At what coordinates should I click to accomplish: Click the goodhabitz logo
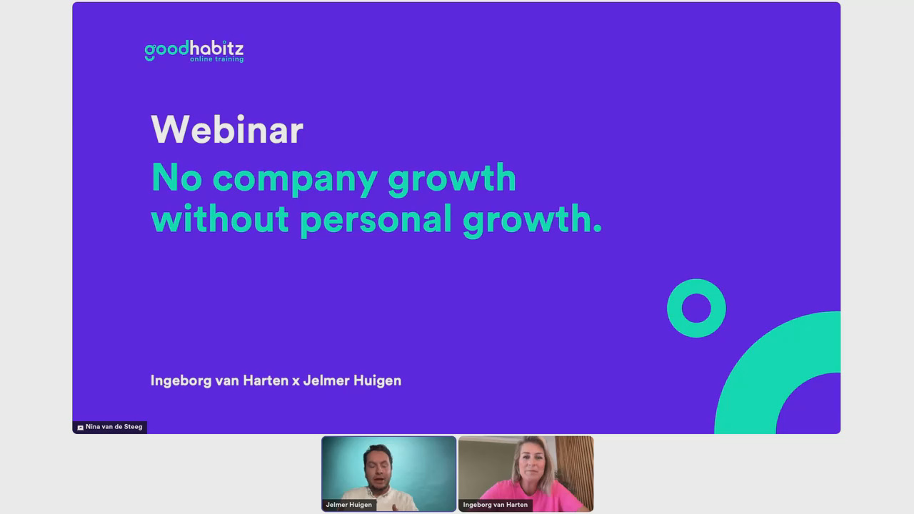(x=194, y=51)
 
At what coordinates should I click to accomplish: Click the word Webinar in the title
(x=227, y=130)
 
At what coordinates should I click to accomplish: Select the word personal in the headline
(x=376, y=221)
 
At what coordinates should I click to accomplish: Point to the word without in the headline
(x=220, y=218)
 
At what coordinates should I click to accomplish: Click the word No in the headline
(x=176, y=177)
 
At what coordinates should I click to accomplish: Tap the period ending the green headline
(x=598, y=229)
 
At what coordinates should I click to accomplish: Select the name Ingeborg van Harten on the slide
(x=219, y=381)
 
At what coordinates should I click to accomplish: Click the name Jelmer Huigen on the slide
(x=352, y=381)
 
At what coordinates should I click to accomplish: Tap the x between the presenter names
(x=296, y=381)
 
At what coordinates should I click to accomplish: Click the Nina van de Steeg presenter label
(x=110, y=427)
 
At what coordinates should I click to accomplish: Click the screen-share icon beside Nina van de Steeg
(x=81, y=428)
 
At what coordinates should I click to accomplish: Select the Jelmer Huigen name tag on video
(x=349, y=505)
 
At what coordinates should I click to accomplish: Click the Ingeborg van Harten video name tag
(x=496, y=505)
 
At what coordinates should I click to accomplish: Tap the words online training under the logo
(x=216, y=59)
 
